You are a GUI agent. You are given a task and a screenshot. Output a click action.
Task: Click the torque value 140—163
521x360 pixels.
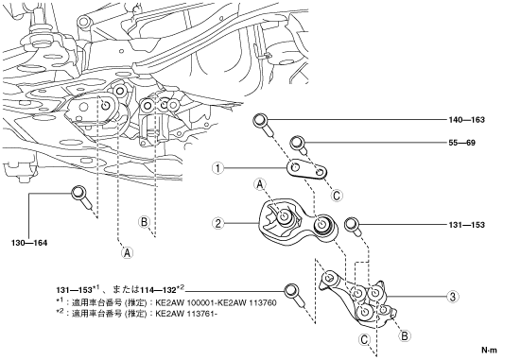[x=466, y=120]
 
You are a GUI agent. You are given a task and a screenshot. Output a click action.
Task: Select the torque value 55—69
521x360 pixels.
[x=461, y=143]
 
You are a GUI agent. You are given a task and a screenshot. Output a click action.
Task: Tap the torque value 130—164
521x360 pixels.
[x=29, y=243]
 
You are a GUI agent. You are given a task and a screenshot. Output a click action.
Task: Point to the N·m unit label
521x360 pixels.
[x=490, y=350]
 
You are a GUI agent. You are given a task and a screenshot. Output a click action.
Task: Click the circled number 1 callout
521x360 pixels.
[x=218, y=168]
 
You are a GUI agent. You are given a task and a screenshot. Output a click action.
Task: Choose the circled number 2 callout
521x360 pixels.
[x=218, y=223]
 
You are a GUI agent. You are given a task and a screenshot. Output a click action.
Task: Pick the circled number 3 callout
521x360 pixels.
[x=452, y=297]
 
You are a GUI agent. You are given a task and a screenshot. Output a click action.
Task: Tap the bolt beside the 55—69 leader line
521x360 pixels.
[x=299, y=145]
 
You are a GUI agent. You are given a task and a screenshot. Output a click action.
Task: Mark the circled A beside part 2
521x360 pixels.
[x=260, y=184]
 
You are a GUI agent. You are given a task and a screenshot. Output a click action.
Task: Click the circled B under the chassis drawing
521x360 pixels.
[x=145, y=222]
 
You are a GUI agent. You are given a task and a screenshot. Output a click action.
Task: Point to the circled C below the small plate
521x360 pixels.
[x=337, y=196]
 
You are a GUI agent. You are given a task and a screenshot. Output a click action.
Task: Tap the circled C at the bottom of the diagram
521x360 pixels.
[x=364, y=340]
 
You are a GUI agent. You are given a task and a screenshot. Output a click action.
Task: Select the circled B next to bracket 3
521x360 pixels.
[x=404, y=335]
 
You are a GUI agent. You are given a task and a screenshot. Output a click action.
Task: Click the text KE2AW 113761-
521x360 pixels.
[x=186, y=314]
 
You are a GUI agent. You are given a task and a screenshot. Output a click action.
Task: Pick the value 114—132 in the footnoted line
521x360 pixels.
[x=158, y=290]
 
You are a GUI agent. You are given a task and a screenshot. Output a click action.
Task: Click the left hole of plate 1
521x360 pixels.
[x=294, y=166]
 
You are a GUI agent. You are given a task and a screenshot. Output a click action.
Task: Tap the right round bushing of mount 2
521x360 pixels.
[x=322, y=225]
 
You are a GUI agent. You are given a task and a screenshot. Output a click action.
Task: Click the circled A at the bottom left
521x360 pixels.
[x=127, y=253]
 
